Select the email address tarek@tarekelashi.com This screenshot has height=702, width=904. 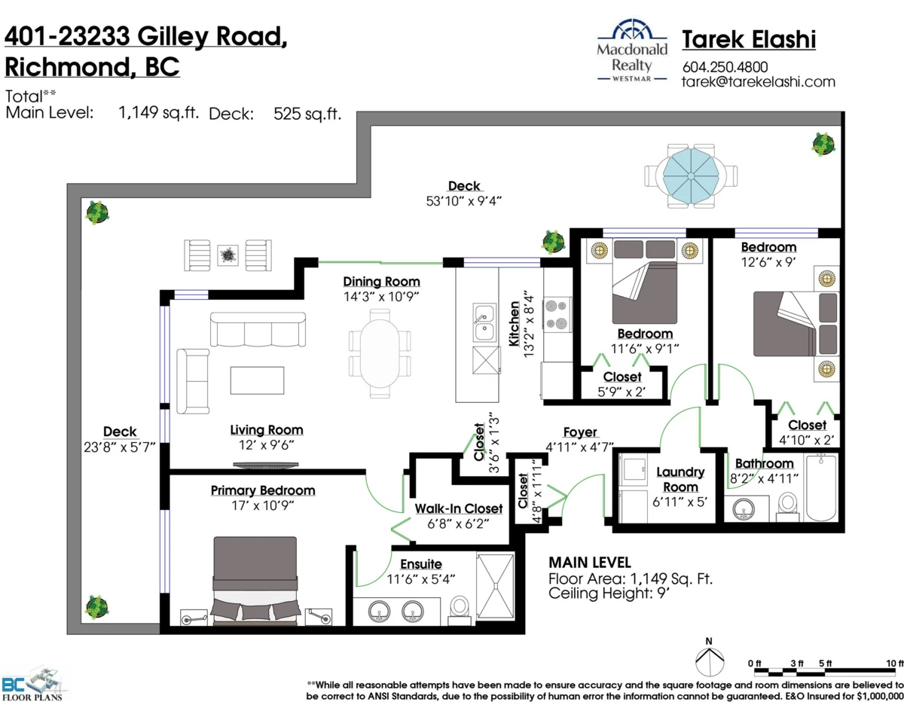[758, 81]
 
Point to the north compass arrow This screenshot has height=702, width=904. [708, 658]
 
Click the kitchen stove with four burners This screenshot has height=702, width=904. [558, 315]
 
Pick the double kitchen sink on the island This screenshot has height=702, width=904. [483, 322]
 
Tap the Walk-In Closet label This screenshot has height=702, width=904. [459, 508]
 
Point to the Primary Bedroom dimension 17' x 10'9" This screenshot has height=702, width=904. [263, 505]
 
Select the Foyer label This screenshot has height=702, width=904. [580, 432]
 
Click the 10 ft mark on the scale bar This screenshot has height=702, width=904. [895, 663]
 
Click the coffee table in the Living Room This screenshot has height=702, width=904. [258, 380]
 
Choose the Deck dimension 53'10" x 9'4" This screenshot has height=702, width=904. [463, 200]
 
